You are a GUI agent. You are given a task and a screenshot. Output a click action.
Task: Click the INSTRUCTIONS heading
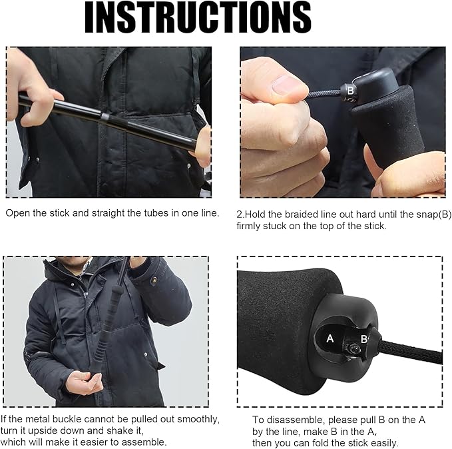click(x=198, y=17)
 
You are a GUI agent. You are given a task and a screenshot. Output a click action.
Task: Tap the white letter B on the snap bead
click(x=350, y=91)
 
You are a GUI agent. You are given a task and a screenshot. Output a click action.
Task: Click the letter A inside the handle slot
click(x=330, y=338)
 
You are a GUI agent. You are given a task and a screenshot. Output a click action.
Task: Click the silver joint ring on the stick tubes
click(x=105, y=118)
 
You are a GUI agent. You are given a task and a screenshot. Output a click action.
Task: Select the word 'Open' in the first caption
click(x=17, y=214)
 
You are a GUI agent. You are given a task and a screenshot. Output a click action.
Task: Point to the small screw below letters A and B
click(x=353, y=349)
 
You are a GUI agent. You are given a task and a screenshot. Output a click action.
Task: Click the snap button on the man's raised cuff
click(x=155, y=280)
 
